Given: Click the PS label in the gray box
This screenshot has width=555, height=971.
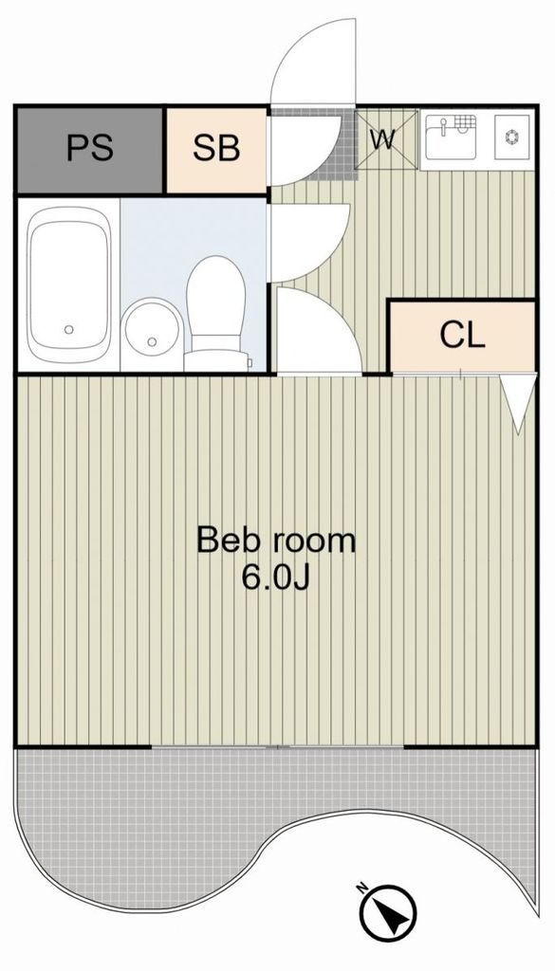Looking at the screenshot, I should click(90, 148).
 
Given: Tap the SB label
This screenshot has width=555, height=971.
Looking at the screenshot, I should click(216, 148).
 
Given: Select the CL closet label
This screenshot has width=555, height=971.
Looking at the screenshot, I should click(462, 335).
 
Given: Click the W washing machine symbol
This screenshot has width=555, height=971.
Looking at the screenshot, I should click(384, 139).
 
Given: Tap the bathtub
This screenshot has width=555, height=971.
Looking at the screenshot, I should click(67, 285).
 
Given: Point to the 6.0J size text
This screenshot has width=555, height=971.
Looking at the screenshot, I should click(275, 577).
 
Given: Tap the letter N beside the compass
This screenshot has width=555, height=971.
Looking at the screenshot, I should click(361, 889).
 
